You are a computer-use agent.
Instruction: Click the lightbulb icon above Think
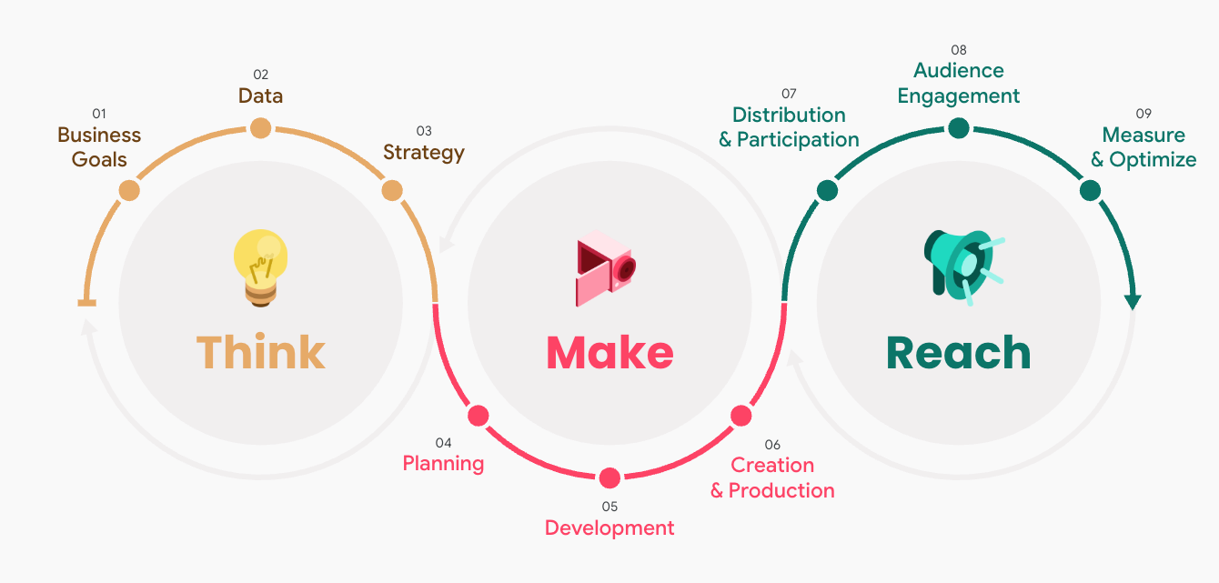pos(260,265)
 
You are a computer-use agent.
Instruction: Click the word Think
pos(260,353)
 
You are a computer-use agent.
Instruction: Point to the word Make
pos(609,353)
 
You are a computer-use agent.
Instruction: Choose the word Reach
pos(958,353)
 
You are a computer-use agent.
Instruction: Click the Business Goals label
pos(99,147)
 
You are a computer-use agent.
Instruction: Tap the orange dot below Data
pos(260,128)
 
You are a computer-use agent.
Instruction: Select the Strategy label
pos(424,152)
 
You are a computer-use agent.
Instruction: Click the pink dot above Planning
pos(478,416)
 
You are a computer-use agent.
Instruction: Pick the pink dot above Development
pos(609,477)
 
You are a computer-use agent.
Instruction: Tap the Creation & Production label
pos(772,477)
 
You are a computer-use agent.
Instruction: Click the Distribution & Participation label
pos(789,127)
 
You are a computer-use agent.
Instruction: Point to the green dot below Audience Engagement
pos(959,128)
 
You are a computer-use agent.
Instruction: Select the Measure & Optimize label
pos(1143,147)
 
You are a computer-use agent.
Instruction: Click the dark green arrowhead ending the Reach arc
pos(1133,301)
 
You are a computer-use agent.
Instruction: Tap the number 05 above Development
pos(609,506)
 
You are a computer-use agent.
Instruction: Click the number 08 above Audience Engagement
pos(959,50)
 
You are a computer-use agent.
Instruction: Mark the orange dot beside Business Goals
pos(129,191)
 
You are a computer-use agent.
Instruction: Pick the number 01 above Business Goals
pos(99,114)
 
